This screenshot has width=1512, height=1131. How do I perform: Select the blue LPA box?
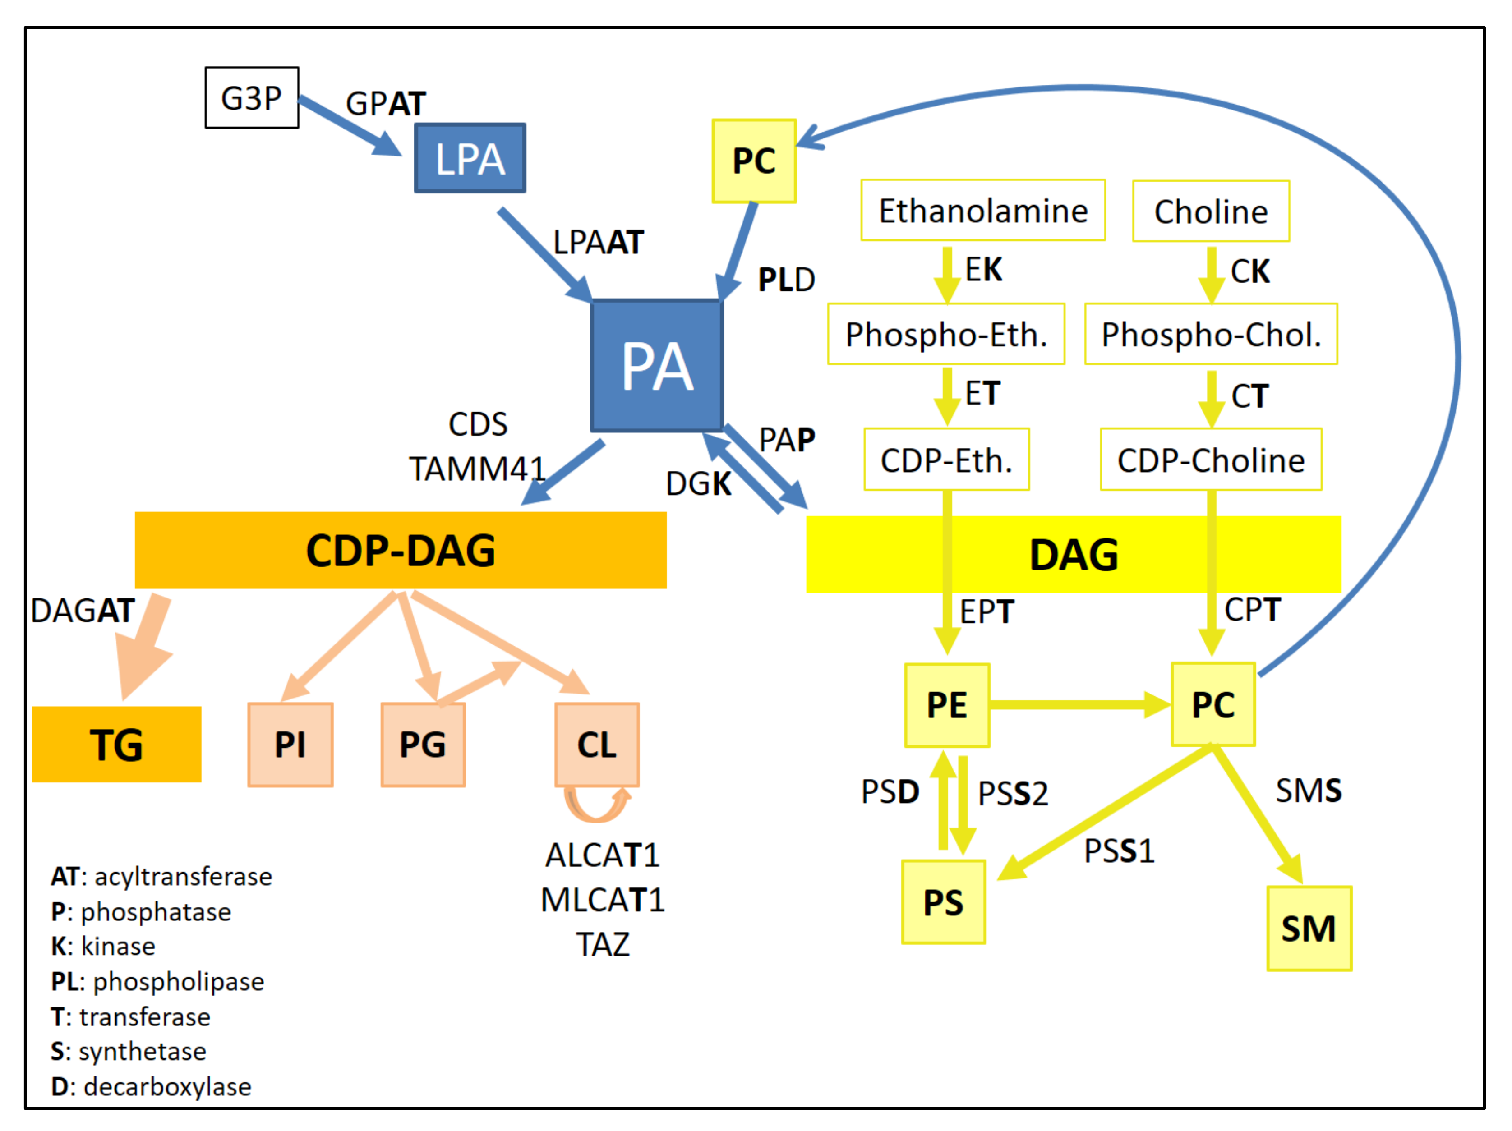click(470, 158)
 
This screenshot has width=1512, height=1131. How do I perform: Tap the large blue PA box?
click(657, 366)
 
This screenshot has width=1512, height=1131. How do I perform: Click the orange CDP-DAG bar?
click(401, 550)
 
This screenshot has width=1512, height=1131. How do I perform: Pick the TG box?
click(117, 744)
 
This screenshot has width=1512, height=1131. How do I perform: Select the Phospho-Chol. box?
click(1211, 334)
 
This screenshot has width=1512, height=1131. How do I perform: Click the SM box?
click(1309, 929)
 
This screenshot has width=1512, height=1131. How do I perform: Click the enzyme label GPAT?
click(386, 104)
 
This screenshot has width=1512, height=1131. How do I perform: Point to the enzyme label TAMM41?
click(477, 469)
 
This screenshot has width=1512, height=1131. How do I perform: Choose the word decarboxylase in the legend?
click(167, 1086)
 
